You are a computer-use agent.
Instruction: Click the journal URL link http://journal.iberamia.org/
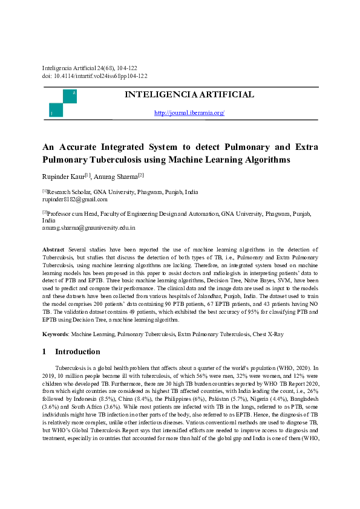tap(189, 113)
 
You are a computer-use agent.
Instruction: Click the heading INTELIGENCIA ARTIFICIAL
tap(189, 95)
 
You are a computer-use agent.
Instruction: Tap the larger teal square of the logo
tap(70, 96)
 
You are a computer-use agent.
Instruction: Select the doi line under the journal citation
tap(94, 76)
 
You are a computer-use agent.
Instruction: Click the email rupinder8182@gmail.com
tap(74, 199)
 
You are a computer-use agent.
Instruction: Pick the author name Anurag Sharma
tap(115, 176)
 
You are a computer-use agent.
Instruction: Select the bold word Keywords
tap(55, 334)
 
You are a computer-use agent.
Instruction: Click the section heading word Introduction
tap(77, 352)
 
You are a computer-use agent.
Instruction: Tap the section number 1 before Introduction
tap(45, 352)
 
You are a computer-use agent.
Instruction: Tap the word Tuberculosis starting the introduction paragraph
tap(72, 368)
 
